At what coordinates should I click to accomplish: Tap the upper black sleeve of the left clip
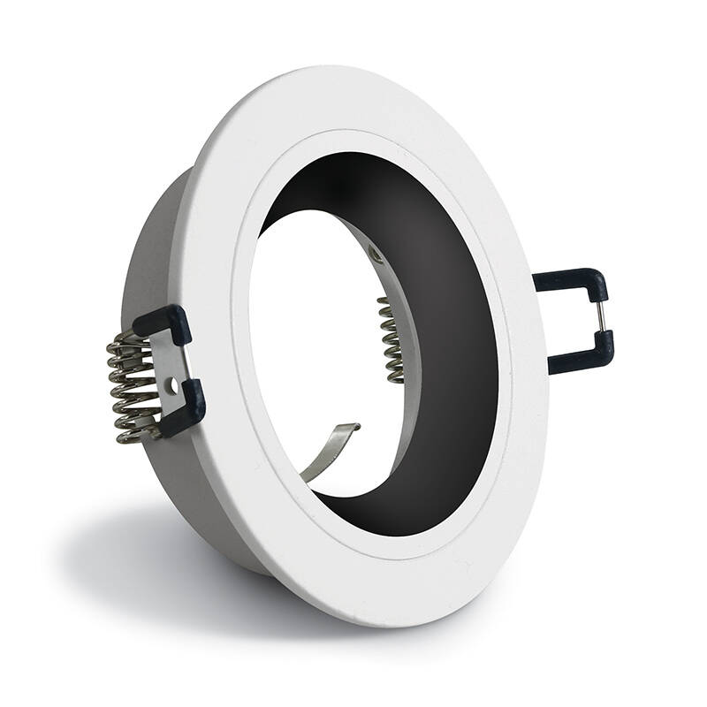163,323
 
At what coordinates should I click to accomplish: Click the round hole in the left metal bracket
174,386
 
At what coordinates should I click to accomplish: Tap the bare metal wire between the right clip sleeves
604,316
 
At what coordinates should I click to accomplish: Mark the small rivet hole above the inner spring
377,255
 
